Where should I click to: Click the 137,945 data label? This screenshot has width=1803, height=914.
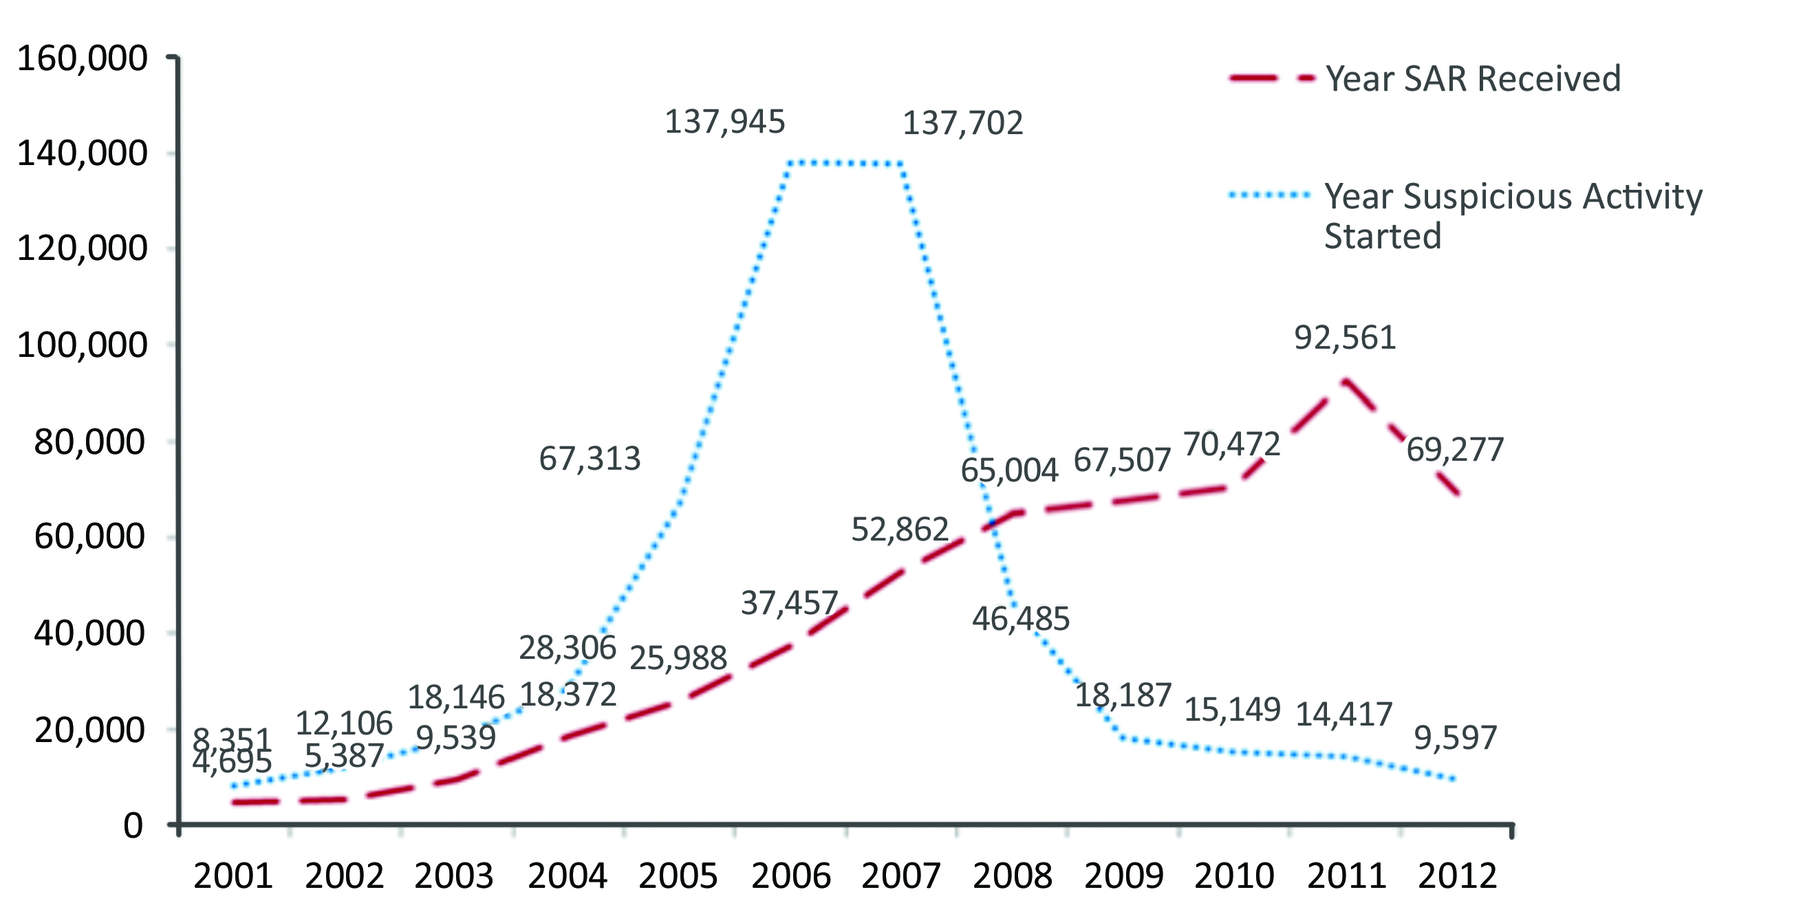tap(724, 122)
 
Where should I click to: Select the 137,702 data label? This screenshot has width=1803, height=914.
tap(962, 124)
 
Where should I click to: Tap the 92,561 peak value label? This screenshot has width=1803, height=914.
tap(1345, 338)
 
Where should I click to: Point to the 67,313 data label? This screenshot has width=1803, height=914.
tap(590, 459)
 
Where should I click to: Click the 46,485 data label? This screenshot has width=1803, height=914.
tap(1020, 620)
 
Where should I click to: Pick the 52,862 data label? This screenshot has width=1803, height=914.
tap(899, 530)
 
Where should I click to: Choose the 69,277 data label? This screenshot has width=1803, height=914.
tap(1454, 450)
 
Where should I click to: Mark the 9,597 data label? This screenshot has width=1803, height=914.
tap(1455, 739)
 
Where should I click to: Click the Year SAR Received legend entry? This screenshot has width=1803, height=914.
tap(1473, 78)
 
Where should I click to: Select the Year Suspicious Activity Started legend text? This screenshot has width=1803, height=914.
tap(1512, 215)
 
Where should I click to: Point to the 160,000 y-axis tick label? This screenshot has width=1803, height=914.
tap(82, 58)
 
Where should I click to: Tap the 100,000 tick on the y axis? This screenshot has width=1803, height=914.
tap(82, 345)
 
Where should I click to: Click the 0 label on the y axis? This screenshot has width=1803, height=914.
tap(133, 827)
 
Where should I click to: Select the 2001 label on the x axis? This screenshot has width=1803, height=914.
tap(233, 876)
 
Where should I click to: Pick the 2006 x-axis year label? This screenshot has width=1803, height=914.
tap(790, 876)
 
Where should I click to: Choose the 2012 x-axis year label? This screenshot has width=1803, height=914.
tap(1457, 876)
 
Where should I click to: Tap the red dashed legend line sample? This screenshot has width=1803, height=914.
tap(1271, 78)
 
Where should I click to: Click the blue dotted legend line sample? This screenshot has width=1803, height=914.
tap(1271, 195)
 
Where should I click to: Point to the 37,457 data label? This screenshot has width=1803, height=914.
tap(789, 603)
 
